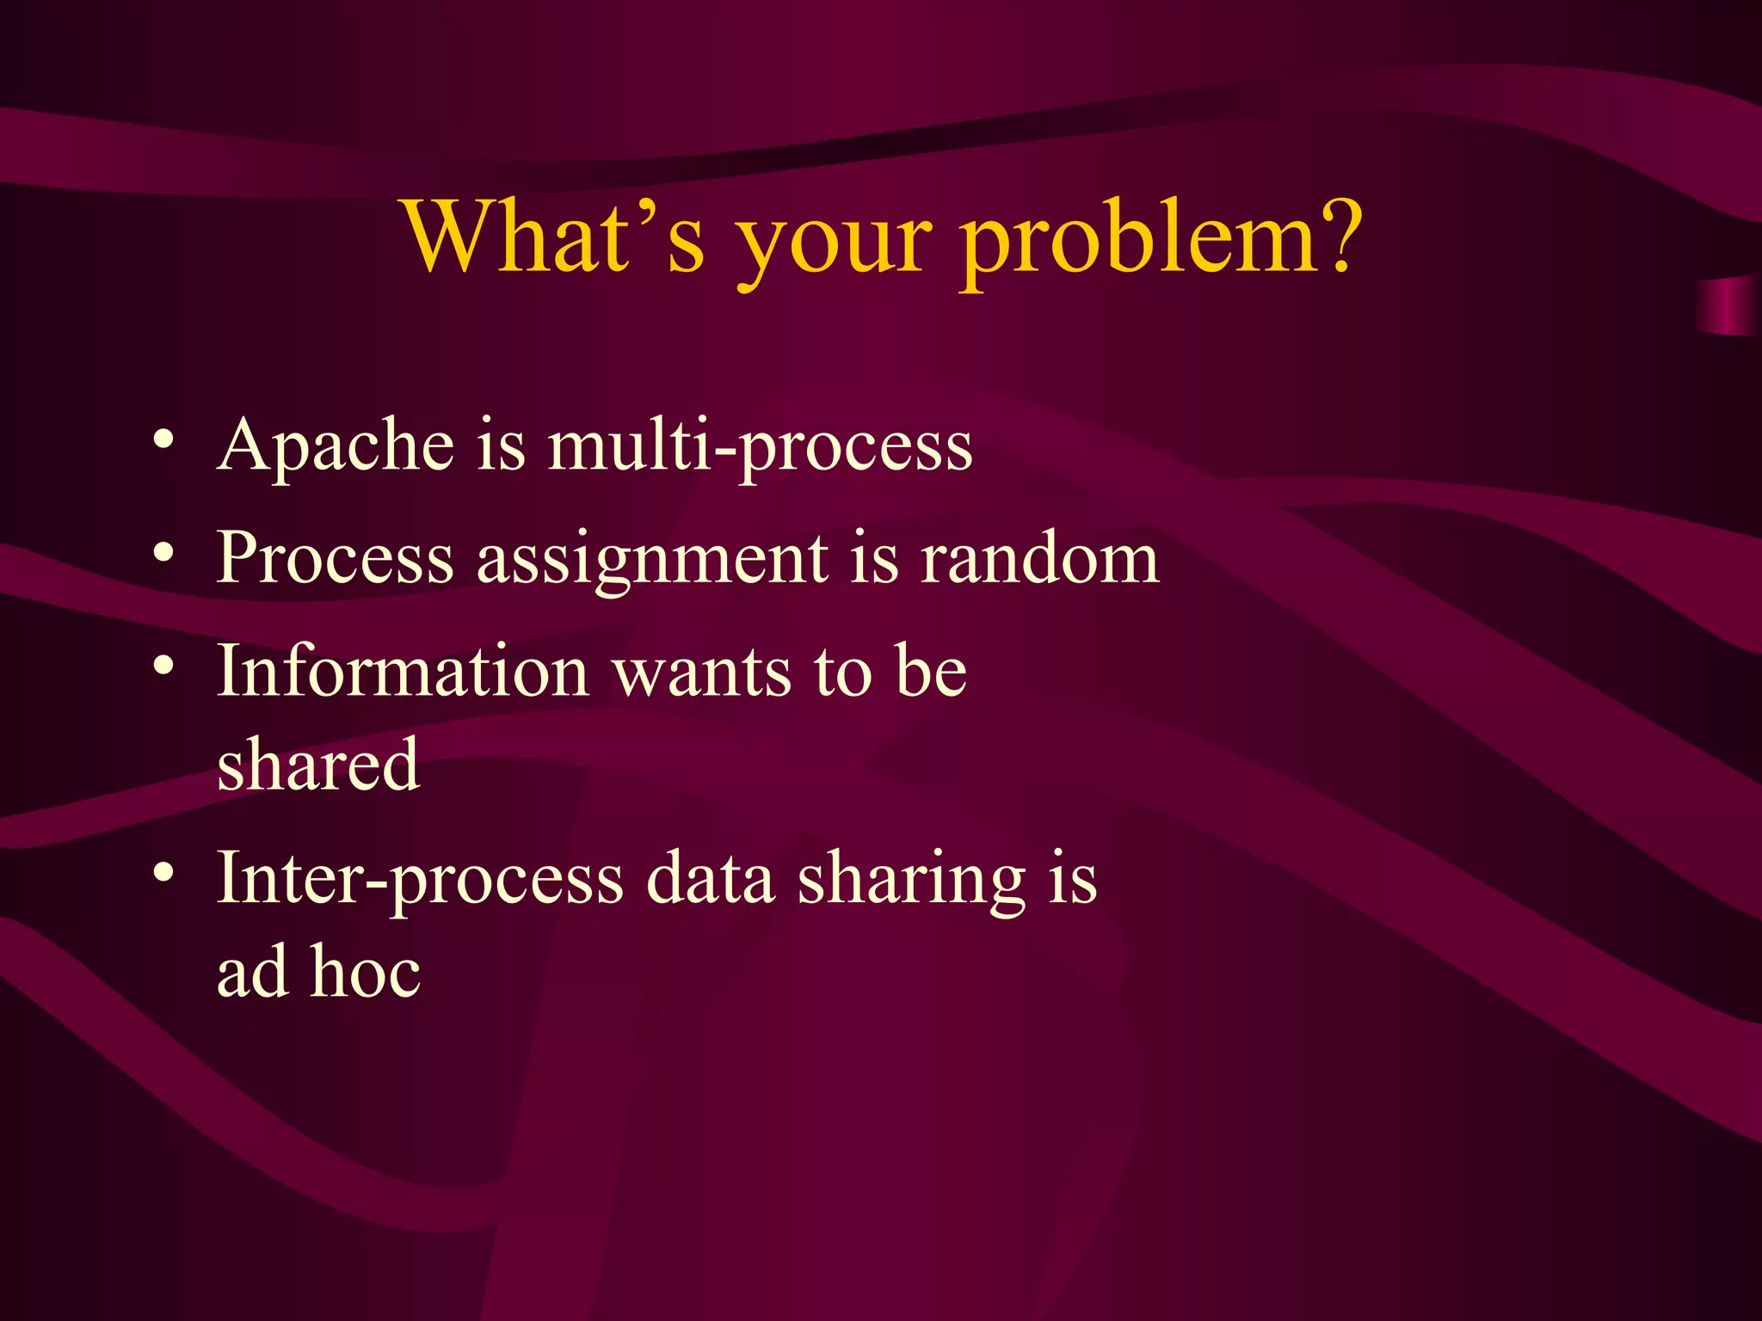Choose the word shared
point(318,765)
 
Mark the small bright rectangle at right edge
point(1729,305)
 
